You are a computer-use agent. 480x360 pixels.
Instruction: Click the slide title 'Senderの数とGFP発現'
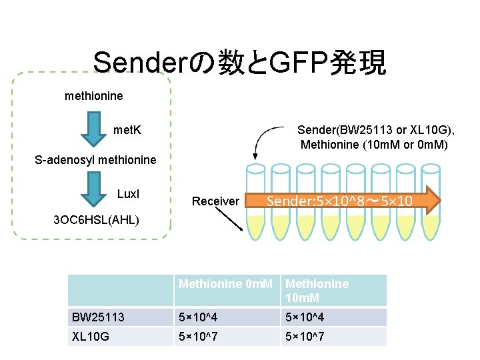point(239,63)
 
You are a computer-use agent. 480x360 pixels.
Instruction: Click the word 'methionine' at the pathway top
point(93,96)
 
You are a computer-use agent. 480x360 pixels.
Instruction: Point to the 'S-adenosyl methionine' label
point(95,160)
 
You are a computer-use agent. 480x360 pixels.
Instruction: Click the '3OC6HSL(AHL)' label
point(96,219)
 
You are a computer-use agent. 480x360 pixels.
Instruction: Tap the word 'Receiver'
point(215,201)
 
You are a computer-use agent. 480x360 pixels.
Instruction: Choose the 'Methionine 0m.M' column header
point(225,284)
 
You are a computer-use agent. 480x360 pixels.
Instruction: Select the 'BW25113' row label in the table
point(98,317)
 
